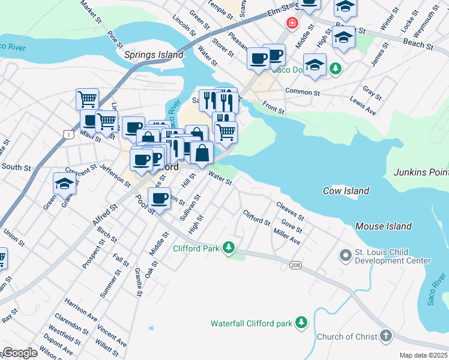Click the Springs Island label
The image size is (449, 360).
pyautogui.click(x=154, y=55)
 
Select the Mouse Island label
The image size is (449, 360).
pyautogui.click(x=384, y=226)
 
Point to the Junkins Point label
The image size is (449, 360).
pyautogui.click(x=421, y=172)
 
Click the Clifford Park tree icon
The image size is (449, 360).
pyautogui.click(x=228, y=247)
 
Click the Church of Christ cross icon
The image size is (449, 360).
pyautogui.click(x=385, y=337)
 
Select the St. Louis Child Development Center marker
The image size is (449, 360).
pyautogui.click(x=345, y=256)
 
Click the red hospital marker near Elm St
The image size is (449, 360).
pyautogui.click(x=292, y=23)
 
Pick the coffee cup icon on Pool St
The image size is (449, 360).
pyautogui.click(x=160, y=199)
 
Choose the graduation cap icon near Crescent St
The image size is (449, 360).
pyautogui.click(x=64, y=184)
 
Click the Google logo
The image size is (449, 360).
pyautogui.click(x=20, y=353)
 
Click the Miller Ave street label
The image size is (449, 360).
pyautogui.click(x=286, y=237)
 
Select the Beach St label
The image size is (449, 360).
pyautogui.click(x=418, y=44)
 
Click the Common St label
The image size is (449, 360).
pyautogui.click(x=300, y=91)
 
